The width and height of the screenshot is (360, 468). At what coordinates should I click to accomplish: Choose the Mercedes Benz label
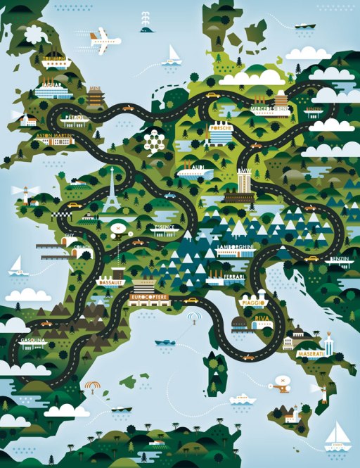pyautogui.click(x=271, y=110)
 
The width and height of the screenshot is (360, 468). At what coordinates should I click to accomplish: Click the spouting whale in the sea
pyautogui.click(x=146, y=28)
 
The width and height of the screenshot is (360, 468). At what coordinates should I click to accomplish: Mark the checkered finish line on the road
pyautogui.click(x=74, y=207)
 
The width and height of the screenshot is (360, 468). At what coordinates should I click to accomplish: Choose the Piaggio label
pyautogui.click(x=253, y=303)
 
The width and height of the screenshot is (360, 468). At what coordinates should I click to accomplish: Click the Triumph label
pyautogui.click(x=55, y=58)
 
